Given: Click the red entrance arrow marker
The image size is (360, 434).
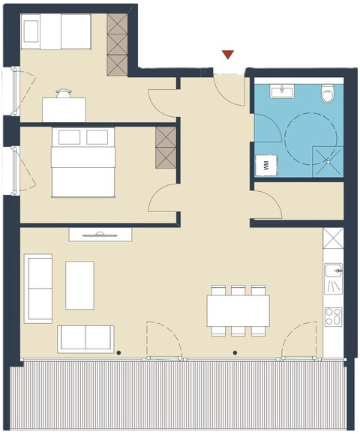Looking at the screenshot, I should (x=228, y=55).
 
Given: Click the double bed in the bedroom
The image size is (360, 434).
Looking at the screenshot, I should (x=83, y=163).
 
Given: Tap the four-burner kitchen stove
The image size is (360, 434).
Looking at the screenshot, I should (x=334, y=317).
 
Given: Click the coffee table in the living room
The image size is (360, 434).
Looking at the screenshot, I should (x=79, y=285).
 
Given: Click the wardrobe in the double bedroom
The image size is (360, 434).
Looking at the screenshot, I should (x=165, y=148).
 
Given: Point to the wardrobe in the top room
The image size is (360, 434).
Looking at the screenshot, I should (x=118, y=44).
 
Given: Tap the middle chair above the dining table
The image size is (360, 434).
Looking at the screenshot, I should (x=238, y=291).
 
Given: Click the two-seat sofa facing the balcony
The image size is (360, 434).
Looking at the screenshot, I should (x=86, y=339).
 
